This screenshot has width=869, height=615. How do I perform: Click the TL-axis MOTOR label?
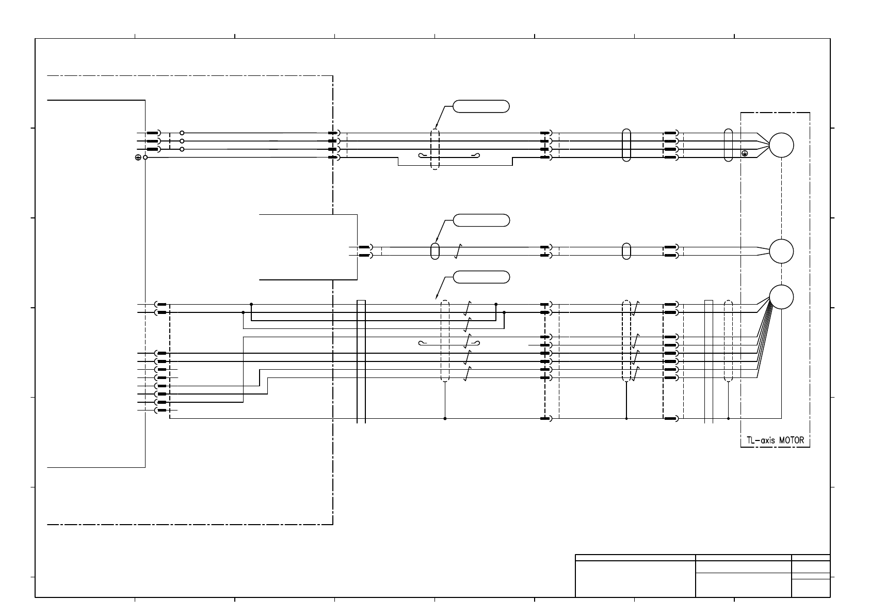pos(775,441)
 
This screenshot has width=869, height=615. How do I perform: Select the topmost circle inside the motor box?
pos(781,145)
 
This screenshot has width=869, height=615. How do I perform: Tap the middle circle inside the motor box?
pos(781,251)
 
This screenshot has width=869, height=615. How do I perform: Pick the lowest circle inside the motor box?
pos(781,297)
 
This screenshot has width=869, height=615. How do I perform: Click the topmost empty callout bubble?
pos(481,106)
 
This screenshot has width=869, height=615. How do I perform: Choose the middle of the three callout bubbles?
pos(481,220)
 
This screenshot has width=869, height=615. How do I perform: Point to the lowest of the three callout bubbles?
pos(481,277)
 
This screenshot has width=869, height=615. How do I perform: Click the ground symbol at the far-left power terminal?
pos(138,157)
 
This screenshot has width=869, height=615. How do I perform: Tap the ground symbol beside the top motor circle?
pos(744,153)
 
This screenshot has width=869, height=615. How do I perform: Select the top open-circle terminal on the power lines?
pos(182,133)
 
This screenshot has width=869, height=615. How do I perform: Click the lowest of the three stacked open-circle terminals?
pos(182,149)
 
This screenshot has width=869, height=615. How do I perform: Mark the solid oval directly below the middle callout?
pos(434,251)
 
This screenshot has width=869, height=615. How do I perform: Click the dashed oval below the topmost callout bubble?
pos(434,150)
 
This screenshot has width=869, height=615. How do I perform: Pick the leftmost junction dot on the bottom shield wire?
pos(445,418)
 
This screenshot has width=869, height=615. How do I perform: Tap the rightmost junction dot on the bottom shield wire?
pos(728,418)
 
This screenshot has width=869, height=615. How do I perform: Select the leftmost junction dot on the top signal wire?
pos(251,304)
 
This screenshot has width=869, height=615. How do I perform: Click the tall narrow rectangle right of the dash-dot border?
pos(361,361)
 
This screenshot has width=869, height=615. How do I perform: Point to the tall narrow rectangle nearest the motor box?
pos(709,361)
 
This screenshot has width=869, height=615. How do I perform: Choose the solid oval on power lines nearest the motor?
pos(728,145)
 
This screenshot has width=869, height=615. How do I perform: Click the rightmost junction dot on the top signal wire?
pos(496,304)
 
